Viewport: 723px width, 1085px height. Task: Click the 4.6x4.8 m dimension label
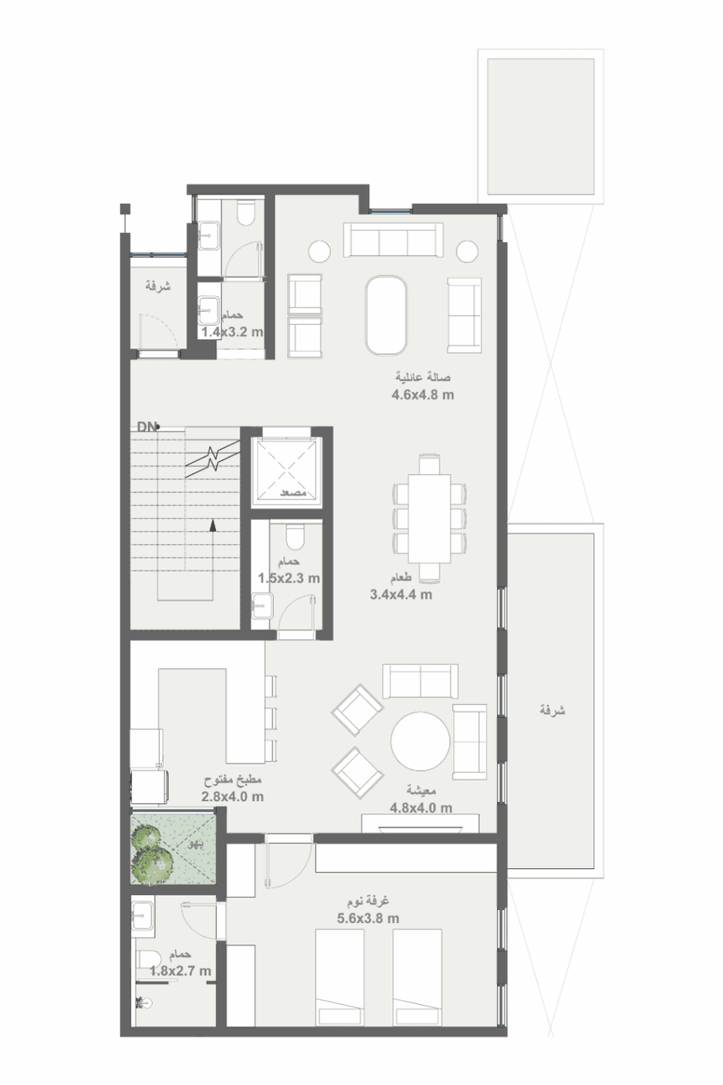(423, 395)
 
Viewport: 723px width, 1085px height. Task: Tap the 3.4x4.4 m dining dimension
(400, 595)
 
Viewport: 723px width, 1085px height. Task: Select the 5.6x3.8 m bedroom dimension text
(368, 918)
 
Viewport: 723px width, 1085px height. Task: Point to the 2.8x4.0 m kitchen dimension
(232, 796)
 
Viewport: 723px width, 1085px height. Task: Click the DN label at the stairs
(147, 426)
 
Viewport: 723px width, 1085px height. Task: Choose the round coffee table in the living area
(420, 741)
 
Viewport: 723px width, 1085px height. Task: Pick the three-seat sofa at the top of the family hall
(393, 240)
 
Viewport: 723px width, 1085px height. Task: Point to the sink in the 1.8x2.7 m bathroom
(143, 918)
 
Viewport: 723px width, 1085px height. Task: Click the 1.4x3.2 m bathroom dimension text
(231, 333)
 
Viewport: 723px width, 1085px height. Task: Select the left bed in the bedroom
(339, 977)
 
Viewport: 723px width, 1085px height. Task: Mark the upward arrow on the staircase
(213, 525)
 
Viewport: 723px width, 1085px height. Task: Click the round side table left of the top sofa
(319, 250)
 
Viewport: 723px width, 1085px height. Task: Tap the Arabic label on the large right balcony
(552, 710)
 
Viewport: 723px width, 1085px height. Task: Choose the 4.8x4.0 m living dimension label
(421, 808)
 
